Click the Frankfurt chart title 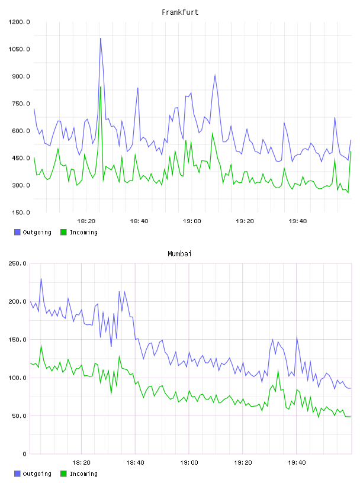(180, 12)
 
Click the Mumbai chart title (179, 254)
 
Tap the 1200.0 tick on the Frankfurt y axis (19, 22)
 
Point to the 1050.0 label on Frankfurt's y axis (19, 49)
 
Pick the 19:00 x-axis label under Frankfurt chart (192, 221)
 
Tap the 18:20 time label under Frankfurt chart (86, 221)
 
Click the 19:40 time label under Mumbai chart (297, 463)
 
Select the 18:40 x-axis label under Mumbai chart (136, 463)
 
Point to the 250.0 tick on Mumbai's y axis (17, 263)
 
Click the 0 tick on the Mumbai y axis (24, 454)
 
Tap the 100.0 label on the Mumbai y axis (17, 378)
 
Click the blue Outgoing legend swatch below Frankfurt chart (17, 232)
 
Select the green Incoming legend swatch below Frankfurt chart (63, 232)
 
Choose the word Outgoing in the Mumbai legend (37, 474)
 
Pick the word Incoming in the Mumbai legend (83, 474)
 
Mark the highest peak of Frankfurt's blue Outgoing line (101, 38)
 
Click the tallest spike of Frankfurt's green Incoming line (101, 87)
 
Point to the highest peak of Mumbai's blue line (41, 279)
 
